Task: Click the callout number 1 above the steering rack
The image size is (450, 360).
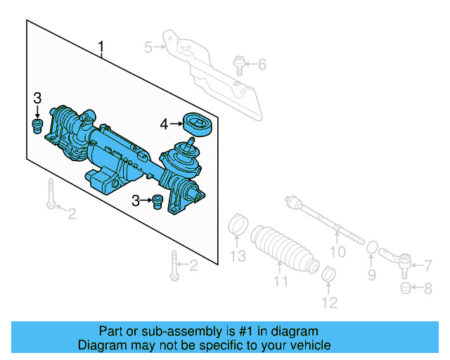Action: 101,48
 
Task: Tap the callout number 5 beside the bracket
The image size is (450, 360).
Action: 148,48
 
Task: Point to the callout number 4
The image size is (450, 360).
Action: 163,124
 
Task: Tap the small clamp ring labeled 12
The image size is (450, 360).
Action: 327,274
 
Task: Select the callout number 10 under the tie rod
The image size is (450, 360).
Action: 338,251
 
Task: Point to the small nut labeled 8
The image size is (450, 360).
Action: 405,288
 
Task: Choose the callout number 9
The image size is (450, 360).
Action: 372,274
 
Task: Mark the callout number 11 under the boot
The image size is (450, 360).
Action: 281,282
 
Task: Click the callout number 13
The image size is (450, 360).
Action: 239,256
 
